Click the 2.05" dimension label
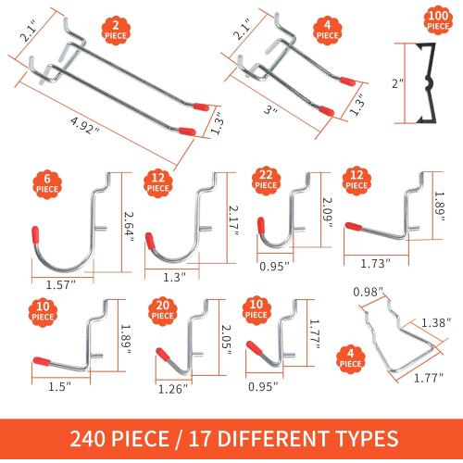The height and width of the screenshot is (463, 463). click(219, 334)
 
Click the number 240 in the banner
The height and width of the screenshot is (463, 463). click(94, 438)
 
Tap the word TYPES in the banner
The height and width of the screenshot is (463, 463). click(364, 438)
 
